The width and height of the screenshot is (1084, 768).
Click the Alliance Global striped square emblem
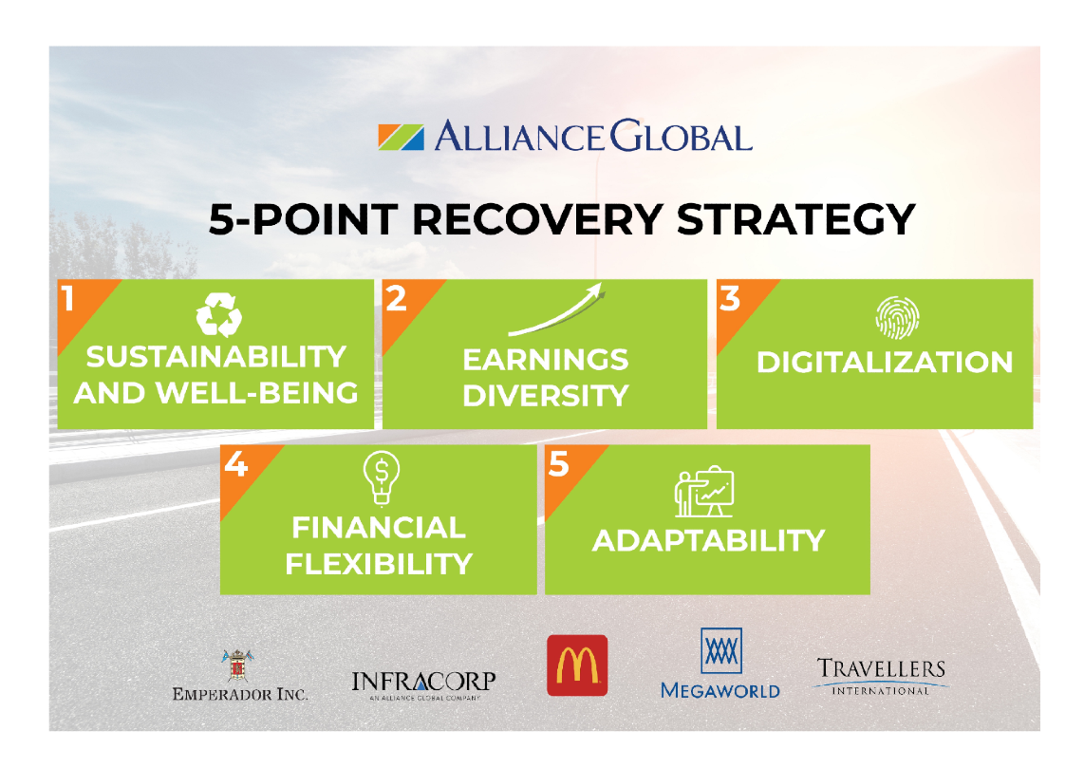[401, 137]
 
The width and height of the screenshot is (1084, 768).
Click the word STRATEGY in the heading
[795, 220]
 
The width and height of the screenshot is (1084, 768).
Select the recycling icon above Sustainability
[219, 314]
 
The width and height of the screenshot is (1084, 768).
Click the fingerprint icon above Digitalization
[897, 318]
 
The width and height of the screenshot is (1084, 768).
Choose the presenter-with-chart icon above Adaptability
[703, 492]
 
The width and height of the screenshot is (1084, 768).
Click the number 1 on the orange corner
[67, 299]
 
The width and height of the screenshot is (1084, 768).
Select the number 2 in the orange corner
[396, 299]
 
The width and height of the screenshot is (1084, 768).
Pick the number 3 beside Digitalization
[730, 299]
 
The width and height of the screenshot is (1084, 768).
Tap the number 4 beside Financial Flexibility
[236, 464]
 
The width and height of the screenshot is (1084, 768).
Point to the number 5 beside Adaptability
[558, 464]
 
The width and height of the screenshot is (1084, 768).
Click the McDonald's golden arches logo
[577, 665]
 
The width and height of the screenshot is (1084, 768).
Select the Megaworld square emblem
[721, 650]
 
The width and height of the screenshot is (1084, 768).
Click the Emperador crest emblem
[237, 665]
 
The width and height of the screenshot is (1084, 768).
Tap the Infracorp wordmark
[423, 683]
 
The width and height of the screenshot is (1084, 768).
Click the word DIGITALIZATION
[885, 363]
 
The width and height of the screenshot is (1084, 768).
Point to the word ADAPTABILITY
[709, 540]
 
